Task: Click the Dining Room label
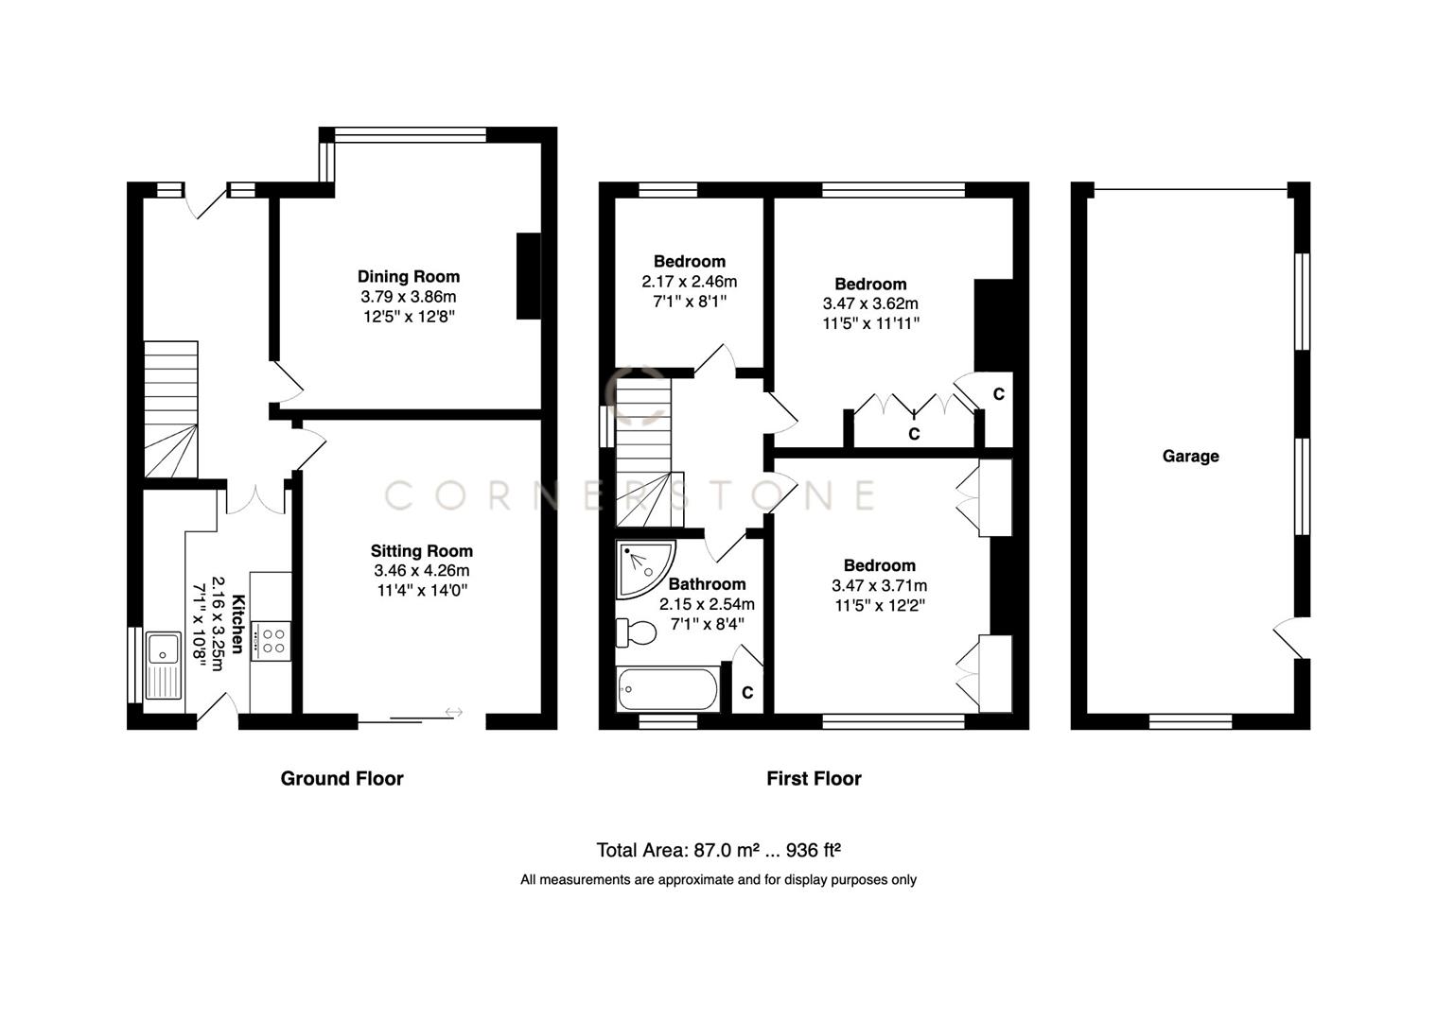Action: coord(409,276)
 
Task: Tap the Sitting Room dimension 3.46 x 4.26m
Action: coord(421,570)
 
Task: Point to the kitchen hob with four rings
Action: coord(274,640)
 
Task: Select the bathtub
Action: coord(668,689)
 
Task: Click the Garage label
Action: coord(1190,456)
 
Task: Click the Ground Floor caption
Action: coord(342,778)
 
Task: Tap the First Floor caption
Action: coord(814,778)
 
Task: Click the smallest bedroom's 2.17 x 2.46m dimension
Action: coord(689,281)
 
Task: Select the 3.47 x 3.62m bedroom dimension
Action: coord(870,303)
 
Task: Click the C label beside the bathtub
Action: coord(747,693)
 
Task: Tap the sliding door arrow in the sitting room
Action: coord(453,712)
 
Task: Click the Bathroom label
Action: coord(707,583)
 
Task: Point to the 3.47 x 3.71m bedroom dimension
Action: coord(879,585)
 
